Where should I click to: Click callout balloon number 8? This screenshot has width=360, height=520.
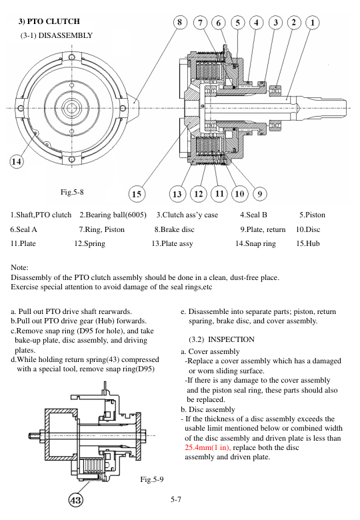(x=180, y=22)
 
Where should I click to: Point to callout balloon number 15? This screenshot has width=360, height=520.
(x=137, y=194)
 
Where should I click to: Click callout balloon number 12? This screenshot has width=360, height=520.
(x=199, y=194)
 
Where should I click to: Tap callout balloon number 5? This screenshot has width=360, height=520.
(x=237, y=22)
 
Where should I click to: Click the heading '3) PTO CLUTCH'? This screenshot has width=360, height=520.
(x=49, y=21)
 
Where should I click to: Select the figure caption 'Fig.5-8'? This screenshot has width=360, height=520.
(x=72, y=193)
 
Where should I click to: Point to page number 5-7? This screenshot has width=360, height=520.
(x=177, y=498)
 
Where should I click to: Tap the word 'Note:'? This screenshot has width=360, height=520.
(x=21, y=267)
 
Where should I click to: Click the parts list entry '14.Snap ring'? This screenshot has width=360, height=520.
(x=255, y=243)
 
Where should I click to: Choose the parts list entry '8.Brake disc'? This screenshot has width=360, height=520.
(x=174, y=229)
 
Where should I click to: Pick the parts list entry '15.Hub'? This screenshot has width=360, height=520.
(x=308, y=243)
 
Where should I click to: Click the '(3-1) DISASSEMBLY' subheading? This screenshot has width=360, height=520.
(x=57, y=35)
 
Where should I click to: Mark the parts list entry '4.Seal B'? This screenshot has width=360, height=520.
(x=253, y=215)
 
